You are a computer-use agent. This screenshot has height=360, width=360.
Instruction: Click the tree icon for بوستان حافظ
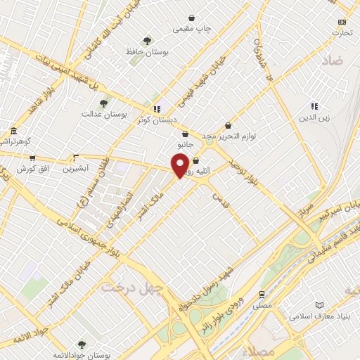pyautogui.click(x=146, y=41)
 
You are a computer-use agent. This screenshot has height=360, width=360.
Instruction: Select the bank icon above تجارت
pyautogui.click(x=342, y=22)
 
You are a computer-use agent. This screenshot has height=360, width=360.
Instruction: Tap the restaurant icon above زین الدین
pyautogui.click(x=314, y=107)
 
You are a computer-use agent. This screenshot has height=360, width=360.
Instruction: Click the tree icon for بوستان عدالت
pyautogui.click(x=103, y=103)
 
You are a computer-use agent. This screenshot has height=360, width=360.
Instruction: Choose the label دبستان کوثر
pyautogui.click(x=156, y=120)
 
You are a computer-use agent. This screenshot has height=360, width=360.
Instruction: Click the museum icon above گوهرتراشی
pyautogui.click(x=13, y=131)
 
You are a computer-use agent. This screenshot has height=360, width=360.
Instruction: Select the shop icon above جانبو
pyautogui.click(x=185, y=134)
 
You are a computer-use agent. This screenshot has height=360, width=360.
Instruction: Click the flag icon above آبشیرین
pyautogui.click(x=75, y=157)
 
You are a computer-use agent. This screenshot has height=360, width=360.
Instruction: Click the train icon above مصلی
pyautogui.click(x=262, y=295)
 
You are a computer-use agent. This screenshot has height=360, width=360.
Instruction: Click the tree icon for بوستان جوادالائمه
pyautogui.click(x=82, y=344)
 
